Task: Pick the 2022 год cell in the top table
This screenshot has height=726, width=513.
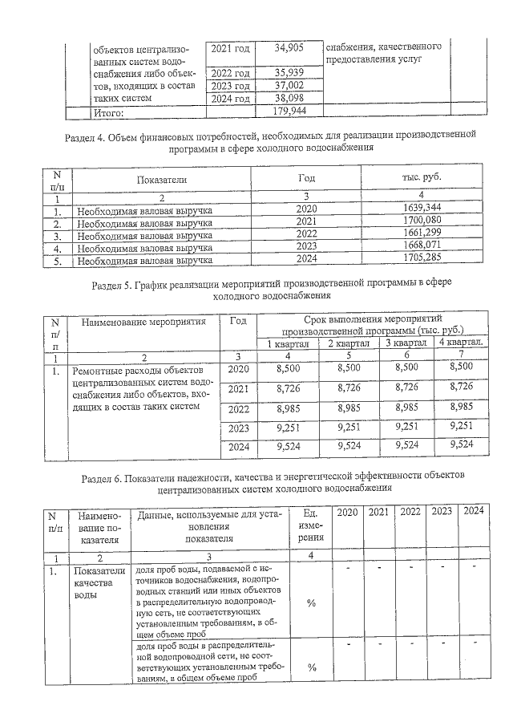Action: click(x=230, y=73)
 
